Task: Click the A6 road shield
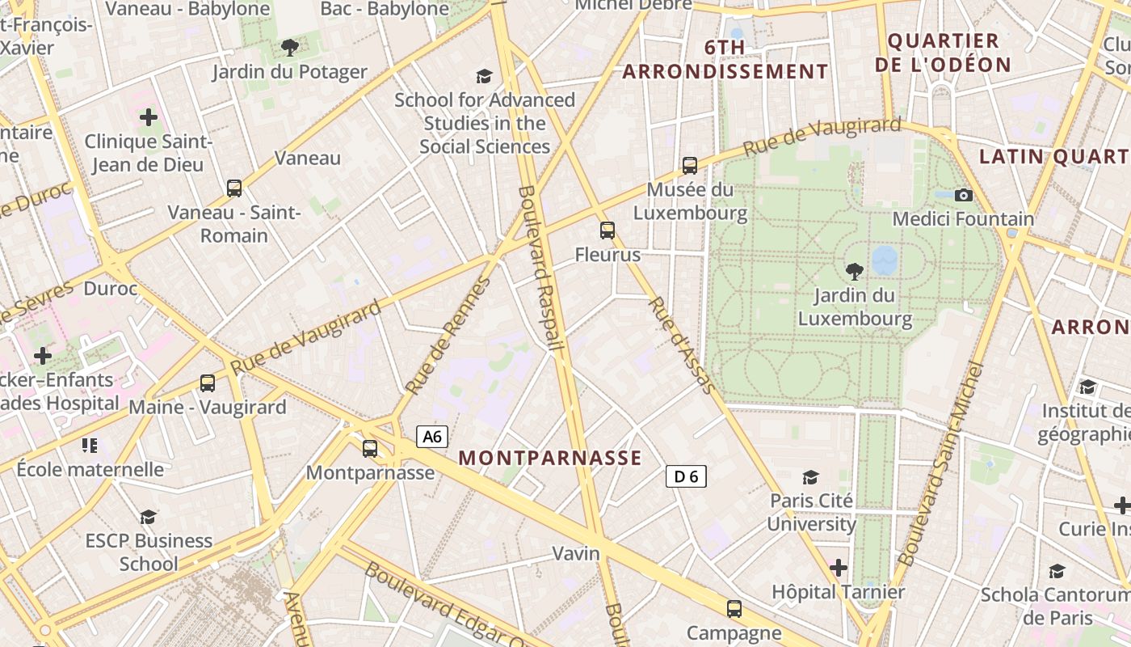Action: (x=433, y=437)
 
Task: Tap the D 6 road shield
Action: (x=686, y=476)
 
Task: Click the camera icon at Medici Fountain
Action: (x=963, y=195)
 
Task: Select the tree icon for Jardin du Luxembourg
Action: (x=854, y=271)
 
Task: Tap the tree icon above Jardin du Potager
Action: (x=289, y=48)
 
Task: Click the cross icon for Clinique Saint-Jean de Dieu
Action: (x=149, y=117)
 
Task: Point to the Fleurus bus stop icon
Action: (x=608, y=230)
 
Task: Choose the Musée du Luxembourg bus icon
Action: (x=689, y=166)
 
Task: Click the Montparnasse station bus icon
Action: (x=370, y=448)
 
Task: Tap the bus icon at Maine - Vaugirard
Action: (x=208, y=383)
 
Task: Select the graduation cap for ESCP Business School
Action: (x=148, y=517)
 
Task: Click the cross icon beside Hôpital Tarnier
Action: (x=839, y=568)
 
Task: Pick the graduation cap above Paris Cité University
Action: (x=810, y=477)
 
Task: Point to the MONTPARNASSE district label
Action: (x=550, y=458)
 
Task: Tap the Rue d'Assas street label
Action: (x=683, y=346)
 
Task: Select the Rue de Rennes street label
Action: (x=448, y=336)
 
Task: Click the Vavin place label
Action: (x=576, y=553)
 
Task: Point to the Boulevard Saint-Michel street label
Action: (x=941, y=464)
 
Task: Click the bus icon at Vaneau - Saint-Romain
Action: (x=234, y=188)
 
